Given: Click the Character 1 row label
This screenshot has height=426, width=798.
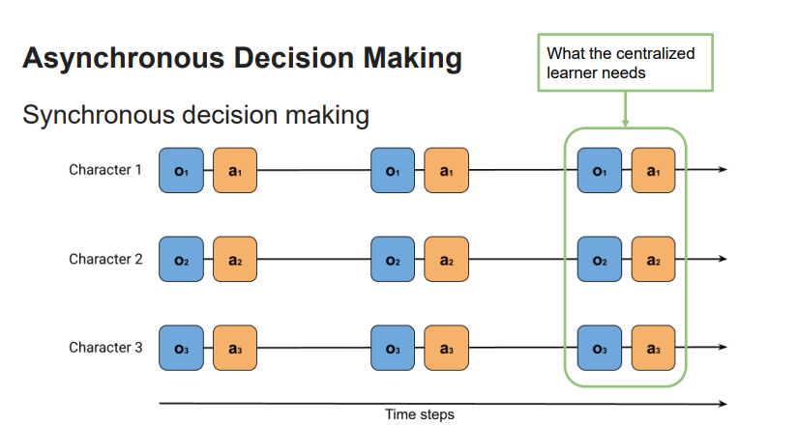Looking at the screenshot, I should (x=105, y=170).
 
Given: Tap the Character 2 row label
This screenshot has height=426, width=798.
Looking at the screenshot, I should (x=105, y=259).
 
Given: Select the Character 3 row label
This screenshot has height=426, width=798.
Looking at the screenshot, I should (x=105, y=348).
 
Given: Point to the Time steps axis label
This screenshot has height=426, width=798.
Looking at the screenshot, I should (x=420, y=414).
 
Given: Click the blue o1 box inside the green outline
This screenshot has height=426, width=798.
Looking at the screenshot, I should (x=599, y=171).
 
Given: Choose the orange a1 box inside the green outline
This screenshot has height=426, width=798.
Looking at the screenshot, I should (x=653, y=171).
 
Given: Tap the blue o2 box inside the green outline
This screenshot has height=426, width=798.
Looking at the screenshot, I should (x=599, y=260).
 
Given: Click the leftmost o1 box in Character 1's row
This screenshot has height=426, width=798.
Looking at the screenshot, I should (x=180, y=171).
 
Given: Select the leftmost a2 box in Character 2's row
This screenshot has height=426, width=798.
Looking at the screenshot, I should (x=234, y=260).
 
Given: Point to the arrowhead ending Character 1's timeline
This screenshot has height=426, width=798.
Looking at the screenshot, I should (x=722, y=171).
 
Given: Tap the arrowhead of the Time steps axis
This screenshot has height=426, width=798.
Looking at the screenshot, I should (x=723, y=403).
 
